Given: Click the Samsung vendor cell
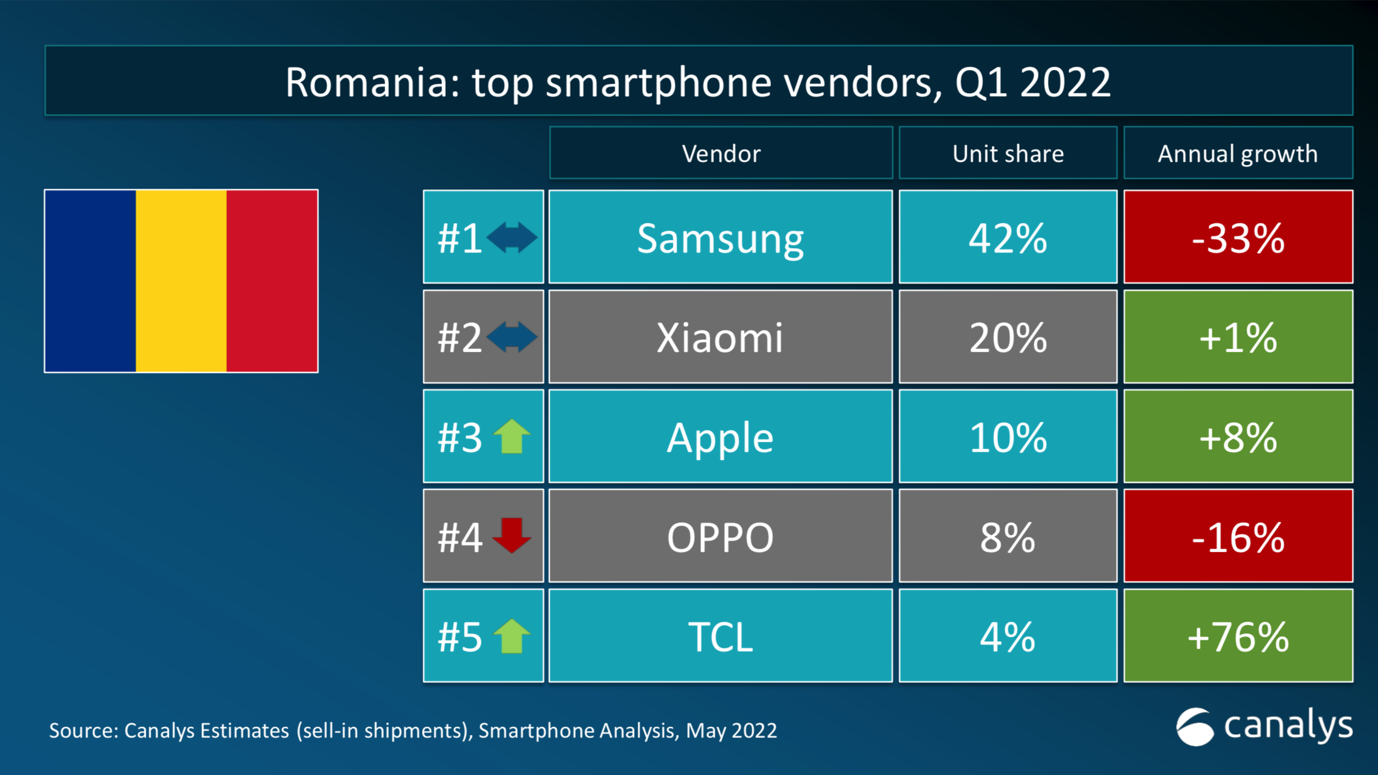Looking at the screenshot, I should click(x=720, y=237).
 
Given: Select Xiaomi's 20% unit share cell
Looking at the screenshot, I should click(x=1008, y=337).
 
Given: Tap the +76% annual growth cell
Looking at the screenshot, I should click(x=1238, y=636).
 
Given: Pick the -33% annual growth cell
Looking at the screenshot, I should click(x=1238, y=237).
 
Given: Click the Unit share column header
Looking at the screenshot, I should click(x=1008, y=154).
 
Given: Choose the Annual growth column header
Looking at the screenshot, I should click(x=1238, y=154).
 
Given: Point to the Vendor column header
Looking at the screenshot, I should click(x=720, y=154).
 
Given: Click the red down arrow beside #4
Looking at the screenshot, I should click(x=511, y=535).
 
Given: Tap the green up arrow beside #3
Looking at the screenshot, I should click(x=511, y=436).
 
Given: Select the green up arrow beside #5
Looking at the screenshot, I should click(x=511, y=636).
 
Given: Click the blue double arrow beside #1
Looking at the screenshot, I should click(x=511, y=237).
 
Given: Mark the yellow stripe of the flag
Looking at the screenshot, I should click(x=181, y=281).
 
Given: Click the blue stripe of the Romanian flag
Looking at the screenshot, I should click(x=91, y=281).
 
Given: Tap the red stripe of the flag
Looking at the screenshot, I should click(x=272, y=281).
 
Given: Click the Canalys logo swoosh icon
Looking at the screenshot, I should click(x=1195, y=727).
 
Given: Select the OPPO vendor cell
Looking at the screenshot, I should click(x=720, y=536).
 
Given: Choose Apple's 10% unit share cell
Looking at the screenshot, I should click(x=1008, y=437).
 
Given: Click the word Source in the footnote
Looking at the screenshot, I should click(x=83, y=731).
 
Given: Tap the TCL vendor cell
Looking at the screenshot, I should click(x=720, y=636).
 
